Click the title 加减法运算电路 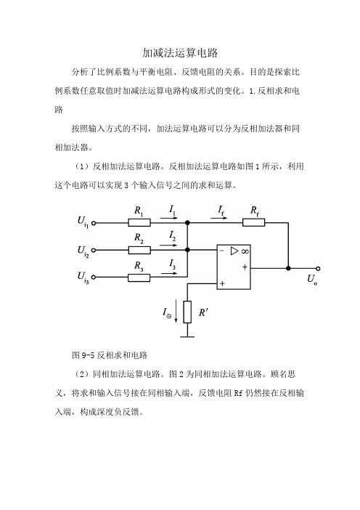click(x=180, y=53)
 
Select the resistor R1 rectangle click(x=139, y=223)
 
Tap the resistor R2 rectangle click(x=139, y=250)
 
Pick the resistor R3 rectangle click(x=139, y=278)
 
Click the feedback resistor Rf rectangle click(x=254, y=222)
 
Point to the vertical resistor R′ click(x=187, y=312)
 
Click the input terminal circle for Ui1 click(x=94, y=223)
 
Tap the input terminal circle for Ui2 click(x=94, y=250)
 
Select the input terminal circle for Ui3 click(x=94, y=277)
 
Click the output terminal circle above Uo click(x=318, y=268)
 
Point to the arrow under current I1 click(x=169, y=218)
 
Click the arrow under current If click(x=219, y=218)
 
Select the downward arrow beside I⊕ click(x=176, y=312)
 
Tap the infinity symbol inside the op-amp click(x=245, y=251)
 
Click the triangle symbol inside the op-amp click(x=234, y=251)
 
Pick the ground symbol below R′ click(x=187, y=336)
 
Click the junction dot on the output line click(x=288, y=268)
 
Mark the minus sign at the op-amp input click(x=222, y=251)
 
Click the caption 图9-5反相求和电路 click(x=110, y=355)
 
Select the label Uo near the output click(x=312, y=280)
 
